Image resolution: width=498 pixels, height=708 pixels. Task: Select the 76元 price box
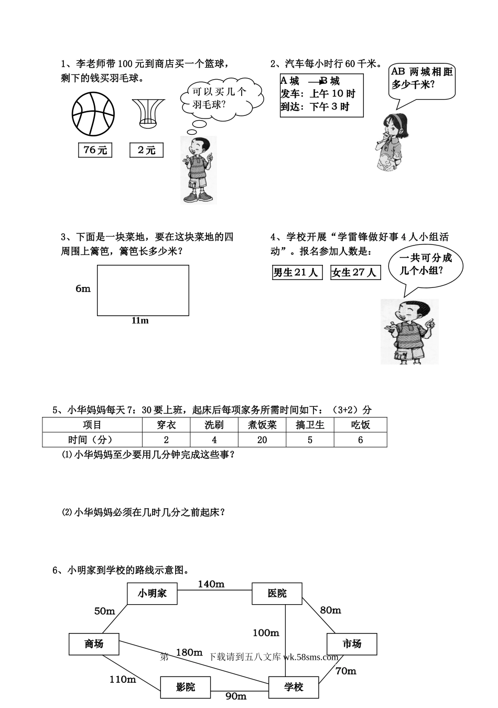[x=95, y=150]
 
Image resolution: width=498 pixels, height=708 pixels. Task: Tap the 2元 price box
[x=146, y=150]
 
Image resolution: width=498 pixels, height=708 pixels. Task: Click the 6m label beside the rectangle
[x=83, y=288]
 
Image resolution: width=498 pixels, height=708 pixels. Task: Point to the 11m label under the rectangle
[x=140, y=320]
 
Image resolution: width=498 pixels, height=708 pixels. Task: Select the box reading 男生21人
[x=297, y=273]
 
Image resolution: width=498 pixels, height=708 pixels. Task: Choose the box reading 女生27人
[x=355, y=273]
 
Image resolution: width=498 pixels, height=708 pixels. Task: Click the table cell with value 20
[x=262, y=440]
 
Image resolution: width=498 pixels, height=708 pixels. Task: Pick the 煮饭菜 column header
[x=262, y=425]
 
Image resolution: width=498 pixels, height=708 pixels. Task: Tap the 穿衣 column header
[x=166, y=425]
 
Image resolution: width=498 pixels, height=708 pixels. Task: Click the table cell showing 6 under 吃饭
[x=360, y=440]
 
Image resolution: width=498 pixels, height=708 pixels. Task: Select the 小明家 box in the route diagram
[x=152, y=593]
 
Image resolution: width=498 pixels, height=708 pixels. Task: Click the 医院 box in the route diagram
[x=277, y=593]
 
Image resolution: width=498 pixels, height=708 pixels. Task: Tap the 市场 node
[x=351, y=643]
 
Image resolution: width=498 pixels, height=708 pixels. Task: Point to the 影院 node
[x=185, y=686]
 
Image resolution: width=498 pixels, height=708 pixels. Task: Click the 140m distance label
[x=211, y=584]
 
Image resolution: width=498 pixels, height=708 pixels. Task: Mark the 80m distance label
[x=330, y=610]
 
